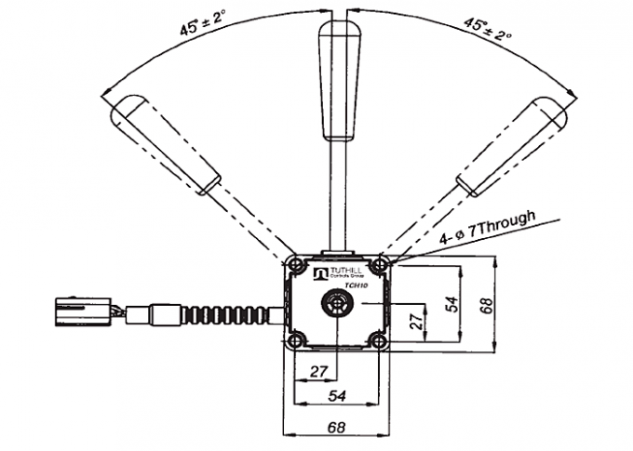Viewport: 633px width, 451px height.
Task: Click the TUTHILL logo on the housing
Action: [336, 273]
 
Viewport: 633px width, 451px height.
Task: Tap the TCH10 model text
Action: [357, 288]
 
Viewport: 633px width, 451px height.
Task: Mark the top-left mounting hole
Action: [296, 267]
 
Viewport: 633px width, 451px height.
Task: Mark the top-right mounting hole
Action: [380, 267]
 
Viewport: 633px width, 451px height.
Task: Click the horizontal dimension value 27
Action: [318, 371]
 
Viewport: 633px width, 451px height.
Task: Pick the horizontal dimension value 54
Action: [337, 395]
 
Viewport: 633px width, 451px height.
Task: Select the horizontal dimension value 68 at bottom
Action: [337, 429]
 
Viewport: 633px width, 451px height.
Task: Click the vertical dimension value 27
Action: [417, 321]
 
